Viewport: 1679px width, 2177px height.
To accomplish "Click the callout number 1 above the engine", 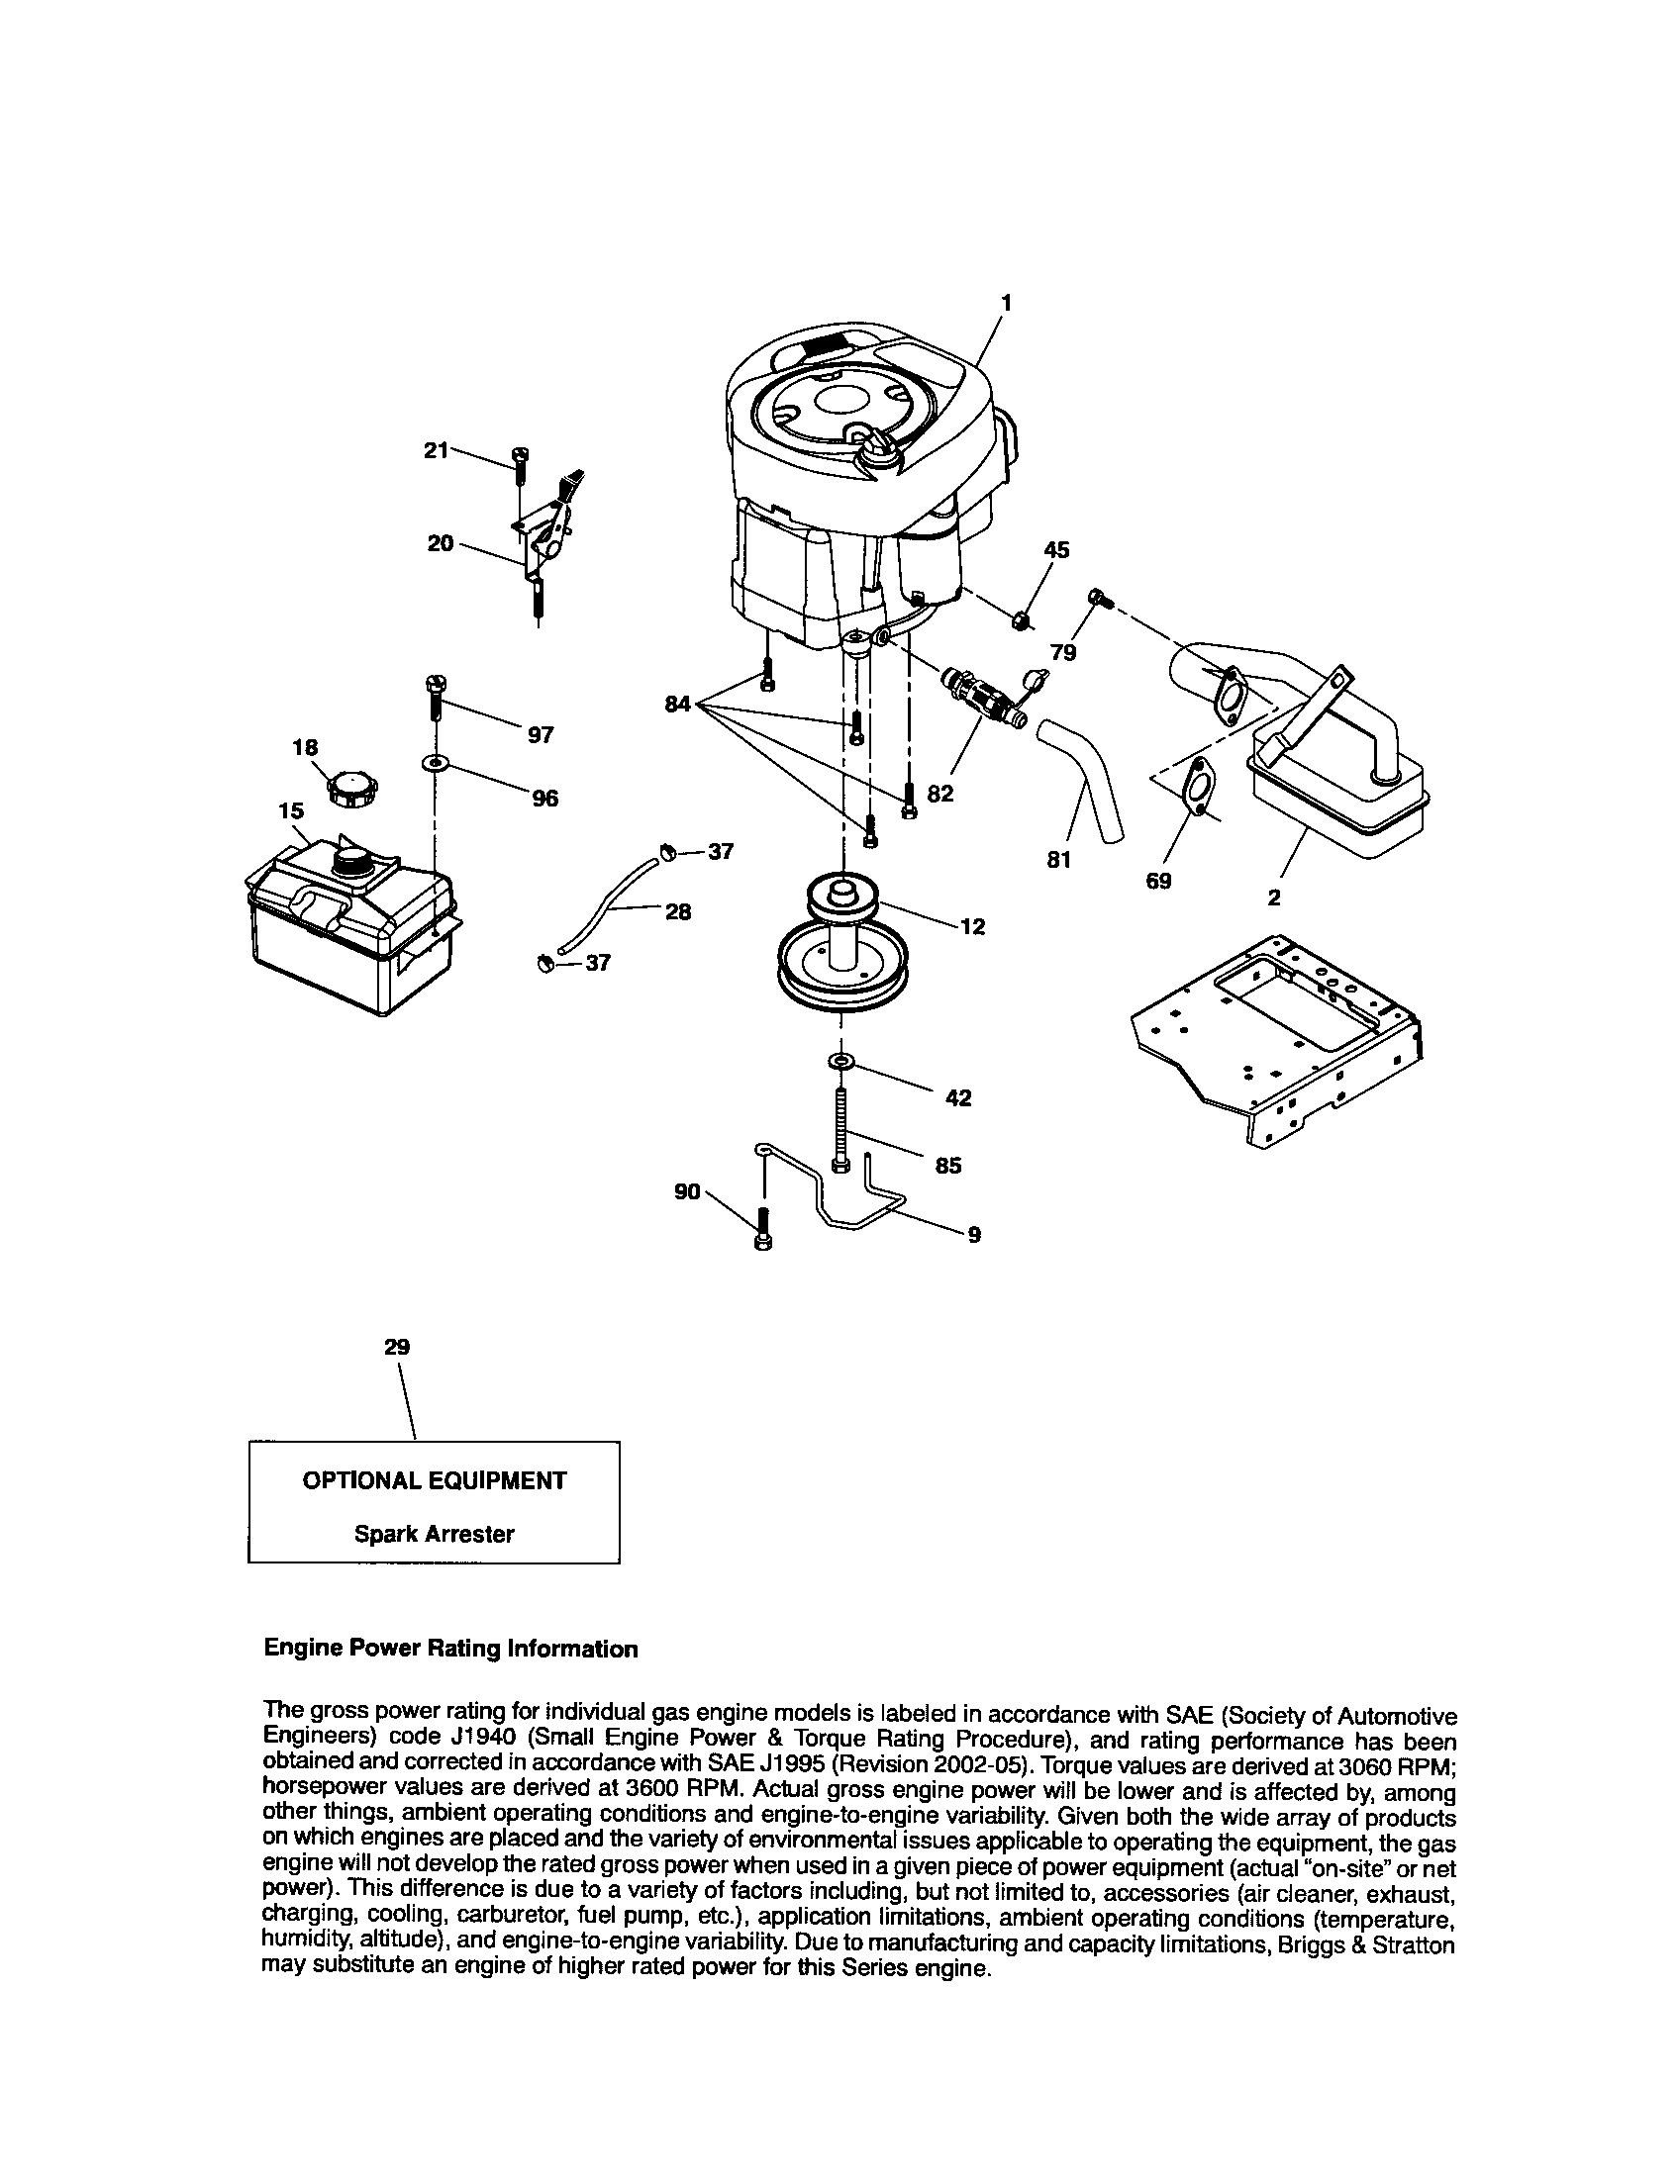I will click(1007, 301).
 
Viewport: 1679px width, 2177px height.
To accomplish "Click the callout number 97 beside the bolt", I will click(541, 734).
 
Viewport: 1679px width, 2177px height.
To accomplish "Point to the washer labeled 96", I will click(436, 764).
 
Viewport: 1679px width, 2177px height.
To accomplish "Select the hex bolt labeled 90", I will click(763, 1228).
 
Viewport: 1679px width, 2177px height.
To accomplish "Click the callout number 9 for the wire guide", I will click(974, 1235).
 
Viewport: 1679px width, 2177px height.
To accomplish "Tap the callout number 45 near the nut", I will click(1056, 549).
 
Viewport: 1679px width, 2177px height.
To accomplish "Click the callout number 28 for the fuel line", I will click(678, 911).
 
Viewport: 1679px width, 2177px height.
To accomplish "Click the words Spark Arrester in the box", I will click(434, 1534).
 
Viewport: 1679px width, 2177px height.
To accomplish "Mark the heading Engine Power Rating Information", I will click(450, 1650).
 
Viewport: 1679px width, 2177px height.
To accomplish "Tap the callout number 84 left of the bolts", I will click(678, 706).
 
